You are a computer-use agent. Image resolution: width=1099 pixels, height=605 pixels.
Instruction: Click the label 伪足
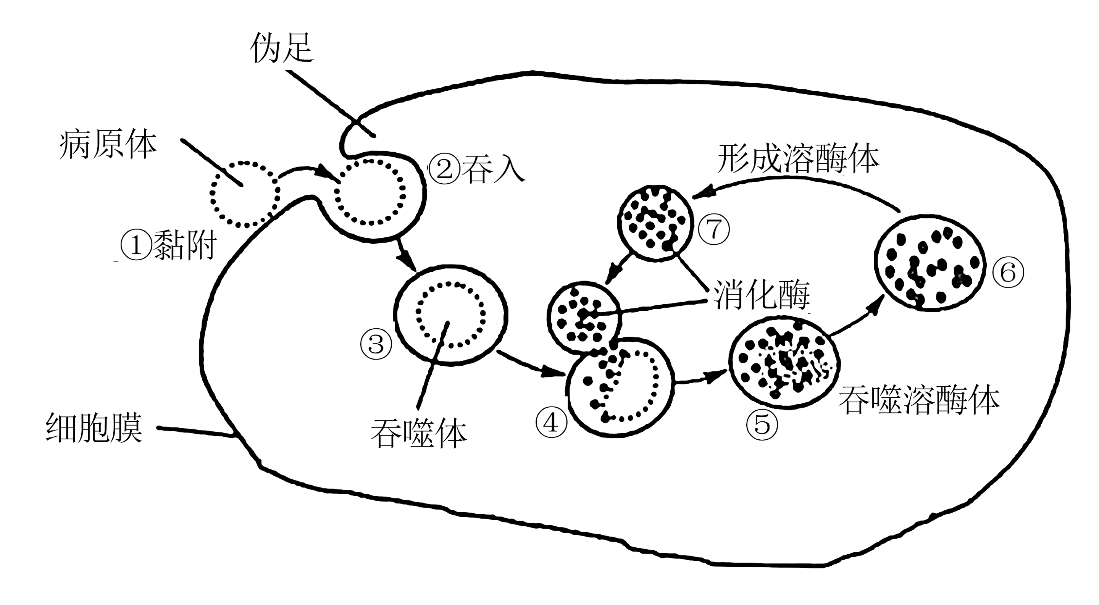[282, 48]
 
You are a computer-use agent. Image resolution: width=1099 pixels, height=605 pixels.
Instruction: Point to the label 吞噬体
[418, 434]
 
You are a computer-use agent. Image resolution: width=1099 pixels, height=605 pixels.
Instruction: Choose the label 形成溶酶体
[798, 159]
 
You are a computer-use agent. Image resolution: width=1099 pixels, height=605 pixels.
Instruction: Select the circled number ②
[445, 169]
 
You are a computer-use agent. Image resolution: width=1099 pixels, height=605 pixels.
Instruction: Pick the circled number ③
[376, 344]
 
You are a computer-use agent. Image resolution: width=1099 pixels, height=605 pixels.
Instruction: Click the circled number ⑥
[1008, 272]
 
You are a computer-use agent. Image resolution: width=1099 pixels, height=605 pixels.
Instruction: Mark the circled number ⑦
[714, 229]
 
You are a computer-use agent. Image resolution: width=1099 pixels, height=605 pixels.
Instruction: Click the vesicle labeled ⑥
[930, 263]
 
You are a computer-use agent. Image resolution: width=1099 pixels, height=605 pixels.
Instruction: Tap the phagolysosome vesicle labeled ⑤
[784, 363]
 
